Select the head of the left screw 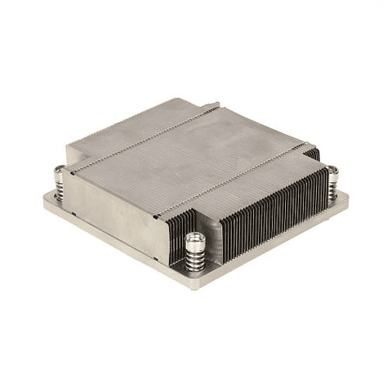[x=60, y=171]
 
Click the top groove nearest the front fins [x=237, y=176]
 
